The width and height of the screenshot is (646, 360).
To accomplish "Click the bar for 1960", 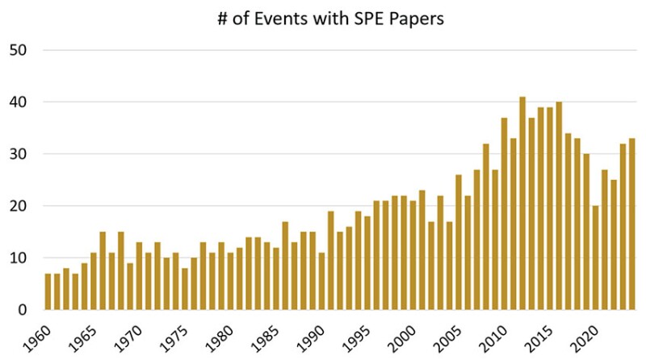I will point(48,291).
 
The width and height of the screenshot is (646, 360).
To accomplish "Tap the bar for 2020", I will point(595,258).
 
